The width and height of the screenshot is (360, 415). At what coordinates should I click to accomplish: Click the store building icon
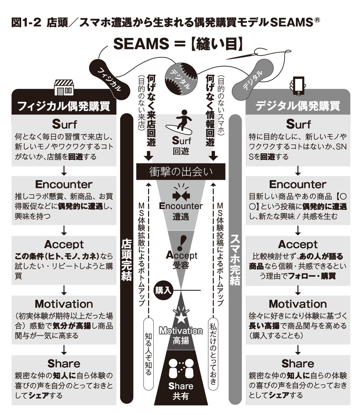click(x=64, y=87)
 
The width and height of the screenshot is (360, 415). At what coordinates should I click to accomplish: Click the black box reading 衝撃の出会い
click(x=181, y=172)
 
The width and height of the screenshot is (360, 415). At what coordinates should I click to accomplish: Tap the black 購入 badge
click(x=163, y=290)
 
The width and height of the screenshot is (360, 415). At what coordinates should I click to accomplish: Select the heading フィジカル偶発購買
click(x=64, y=106)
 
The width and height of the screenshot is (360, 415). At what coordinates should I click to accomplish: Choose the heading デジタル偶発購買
click(x=298, y=106)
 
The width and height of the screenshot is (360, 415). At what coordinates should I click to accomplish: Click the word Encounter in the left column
click(x=64, y=184)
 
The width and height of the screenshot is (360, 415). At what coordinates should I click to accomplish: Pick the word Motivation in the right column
click(x=298, y=304)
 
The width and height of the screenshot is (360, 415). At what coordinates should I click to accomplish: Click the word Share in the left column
click(x=64, y=364)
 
